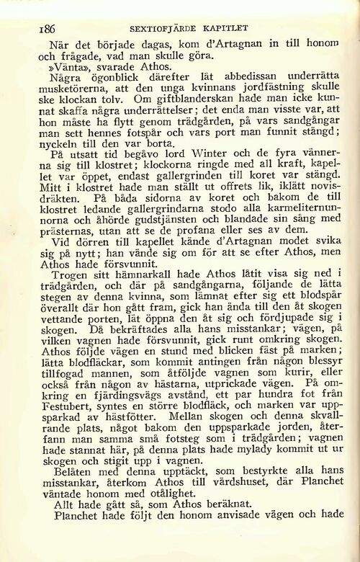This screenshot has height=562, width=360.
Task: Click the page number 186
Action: point(27,28)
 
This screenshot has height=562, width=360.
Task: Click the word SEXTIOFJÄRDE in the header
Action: point(160,28)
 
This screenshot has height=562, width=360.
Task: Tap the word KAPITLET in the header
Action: point(225,28)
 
